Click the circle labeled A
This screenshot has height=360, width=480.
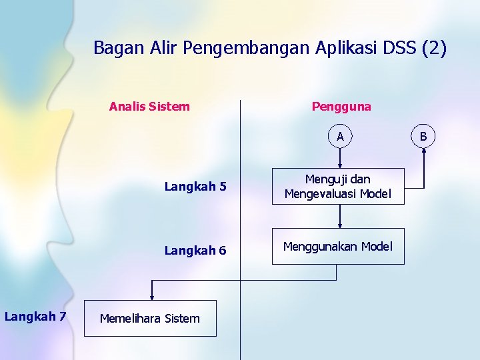(340, 137)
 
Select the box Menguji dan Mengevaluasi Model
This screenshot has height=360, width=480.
(337, 186)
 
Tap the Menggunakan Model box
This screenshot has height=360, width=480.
(337, 247)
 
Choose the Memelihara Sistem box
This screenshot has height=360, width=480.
(150, 318)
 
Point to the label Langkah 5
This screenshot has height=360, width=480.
(195, 187)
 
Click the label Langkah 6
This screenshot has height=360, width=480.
(195, 251)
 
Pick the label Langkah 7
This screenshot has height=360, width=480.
(35, 316)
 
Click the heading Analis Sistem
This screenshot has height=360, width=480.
(149, 107)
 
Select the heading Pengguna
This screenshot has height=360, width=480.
(341, 107)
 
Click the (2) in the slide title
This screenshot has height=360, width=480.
(435, 48)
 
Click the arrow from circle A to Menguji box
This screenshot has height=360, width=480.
(340, 157)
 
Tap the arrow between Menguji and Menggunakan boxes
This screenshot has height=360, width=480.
(340, 216)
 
